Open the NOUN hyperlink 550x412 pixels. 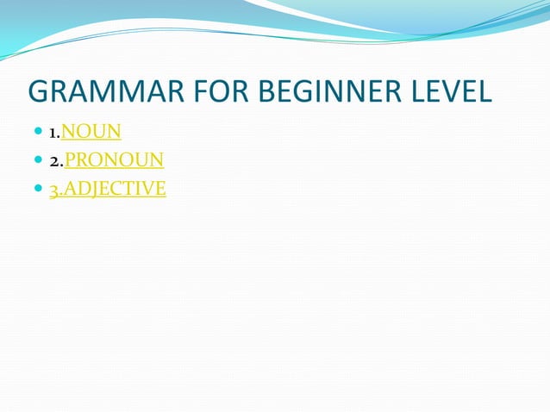click(91, 132)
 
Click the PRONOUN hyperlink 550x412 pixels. click(114, 159)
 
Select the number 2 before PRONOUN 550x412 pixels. click(53, 161)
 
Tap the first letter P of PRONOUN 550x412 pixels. click(72, 159)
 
